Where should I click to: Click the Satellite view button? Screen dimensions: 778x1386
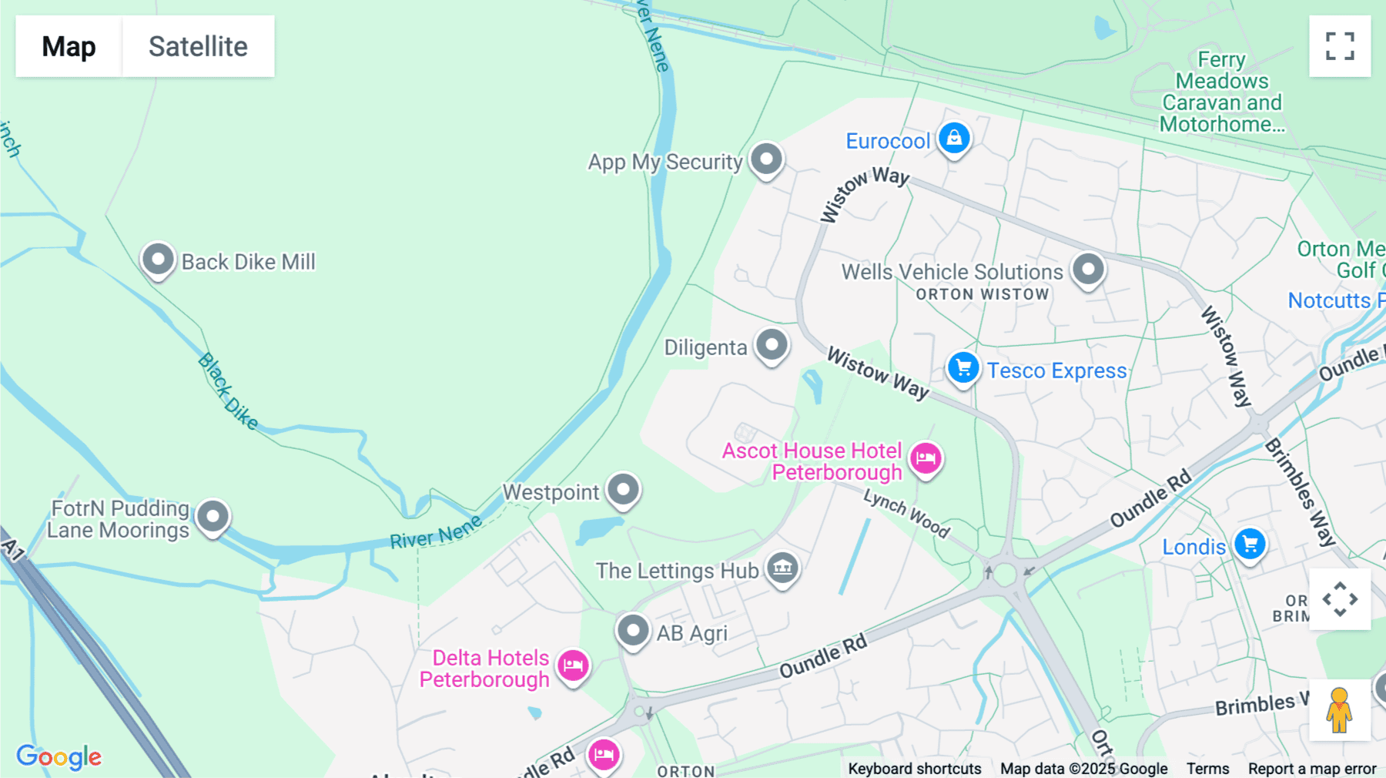point(198,46)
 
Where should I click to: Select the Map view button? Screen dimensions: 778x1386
point(69,46)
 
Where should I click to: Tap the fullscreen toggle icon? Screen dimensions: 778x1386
point(1340,46)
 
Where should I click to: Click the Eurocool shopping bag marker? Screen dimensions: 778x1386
point(954,139)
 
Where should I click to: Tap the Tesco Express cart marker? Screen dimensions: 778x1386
point(962,368)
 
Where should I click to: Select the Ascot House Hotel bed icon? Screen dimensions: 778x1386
point(926,458)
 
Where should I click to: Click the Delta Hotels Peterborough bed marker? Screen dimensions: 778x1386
point(573,665)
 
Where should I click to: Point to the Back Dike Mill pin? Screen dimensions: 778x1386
point(158,260)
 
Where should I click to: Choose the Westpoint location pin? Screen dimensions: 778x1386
point(623,489)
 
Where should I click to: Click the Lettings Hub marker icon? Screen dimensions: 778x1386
point(782,568)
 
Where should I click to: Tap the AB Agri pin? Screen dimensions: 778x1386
point(633,631)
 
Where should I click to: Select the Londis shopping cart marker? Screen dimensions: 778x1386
point(1250,545)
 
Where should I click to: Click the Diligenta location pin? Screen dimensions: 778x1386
point(772,344)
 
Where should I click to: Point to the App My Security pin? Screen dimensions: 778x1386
point(766,159)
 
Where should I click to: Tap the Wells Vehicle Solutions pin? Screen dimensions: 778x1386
point(1088,270)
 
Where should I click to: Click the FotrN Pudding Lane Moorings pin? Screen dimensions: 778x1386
point(213,516)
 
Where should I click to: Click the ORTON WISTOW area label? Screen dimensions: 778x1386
point(982,294)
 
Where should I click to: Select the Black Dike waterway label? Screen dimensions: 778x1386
point(228,391)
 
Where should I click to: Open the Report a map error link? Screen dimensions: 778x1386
point(1311,768)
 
